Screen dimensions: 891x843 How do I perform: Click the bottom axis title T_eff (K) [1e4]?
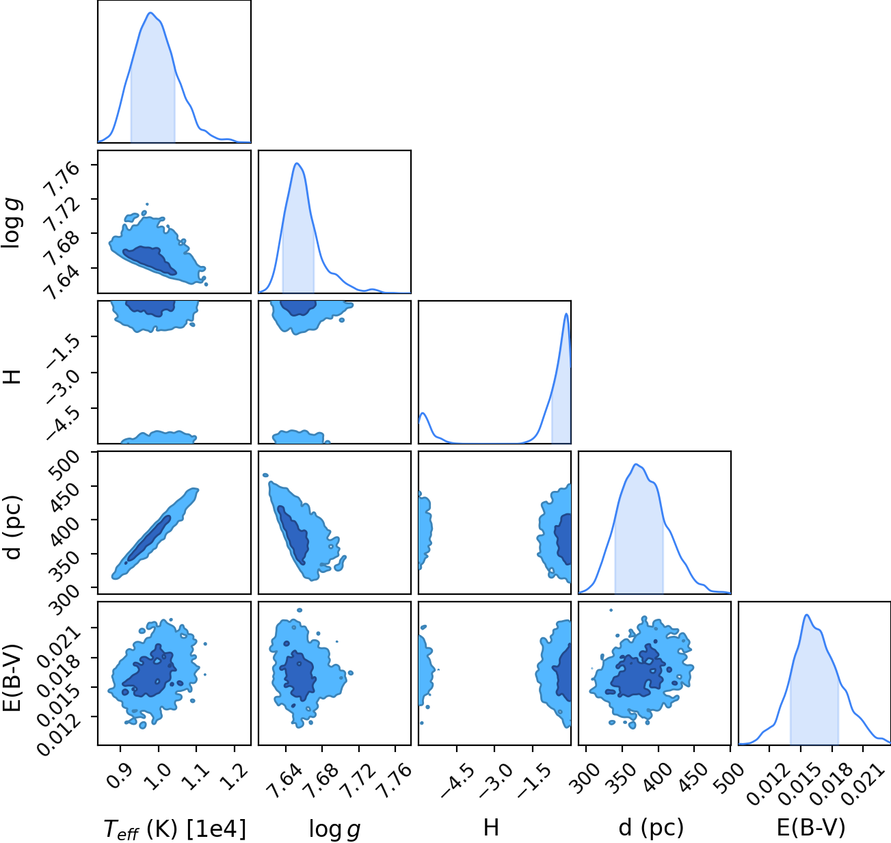pos(175,829)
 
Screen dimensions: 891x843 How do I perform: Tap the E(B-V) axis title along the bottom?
pos(811,827)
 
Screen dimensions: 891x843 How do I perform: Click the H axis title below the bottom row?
pos(491,827)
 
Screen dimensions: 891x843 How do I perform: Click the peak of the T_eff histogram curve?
pos(150,13)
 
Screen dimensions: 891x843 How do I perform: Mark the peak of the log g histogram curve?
pos(297,163)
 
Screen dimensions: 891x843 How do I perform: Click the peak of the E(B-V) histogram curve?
pos(807,615)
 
